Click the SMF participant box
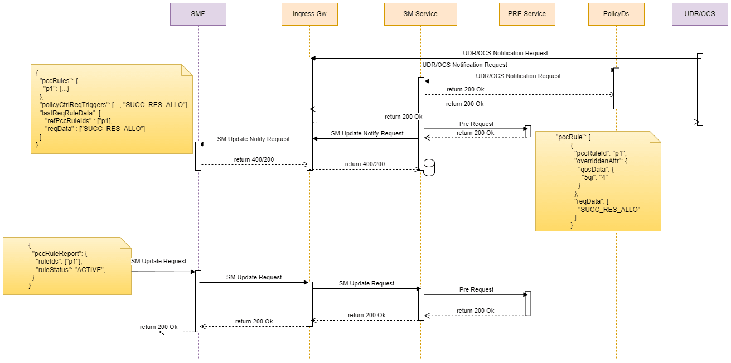coord(198,14)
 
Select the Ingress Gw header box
coord(309,14)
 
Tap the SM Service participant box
coord(420,14)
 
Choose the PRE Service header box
coord(527,14)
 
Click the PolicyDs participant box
coord(616,14)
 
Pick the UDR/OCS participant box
coord(700,14)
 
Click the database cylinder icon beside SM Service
coord(429,168)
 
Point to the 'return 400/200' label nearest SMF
coord(254,160)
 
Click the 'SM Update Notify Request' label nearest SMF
coord(254,139)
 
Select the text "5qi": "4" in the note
coord(596,177)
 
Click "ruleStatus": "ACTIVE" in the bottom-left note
coord(70,269)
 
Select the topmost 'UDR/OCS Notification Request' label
coord(505,54)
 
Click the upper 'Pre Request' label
coord(476,124)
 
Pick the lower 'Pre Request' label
coord(476,290)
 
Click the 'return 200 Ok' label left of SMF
coord(159,327)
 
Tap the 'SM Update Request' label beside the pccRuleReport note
coord(159,261)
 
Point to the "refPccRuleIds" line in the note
coord(78,121)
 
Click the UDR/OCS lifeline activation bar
coord(700,89)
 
